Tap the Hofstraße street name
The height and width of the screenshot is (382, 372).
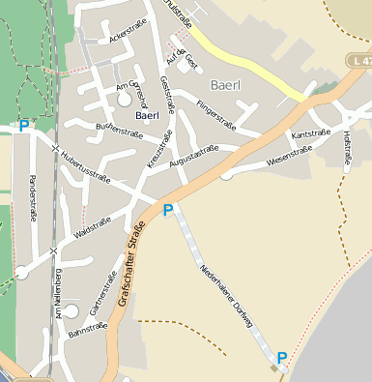pyautogui.click(x=347, y=149)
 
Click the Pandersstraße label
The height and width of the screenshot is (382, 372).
pyautogui.click(x=32, y=199)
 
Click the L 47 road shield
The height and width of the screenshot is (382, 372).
pyautogui.click(x=359, y=60)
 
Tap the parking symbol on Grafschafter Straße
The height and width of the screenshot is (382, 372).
pyautogui.click(x=167, y=210)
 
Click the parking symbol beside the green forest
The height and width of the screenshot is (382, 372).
pyautogui.click(x=23, y=125)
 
